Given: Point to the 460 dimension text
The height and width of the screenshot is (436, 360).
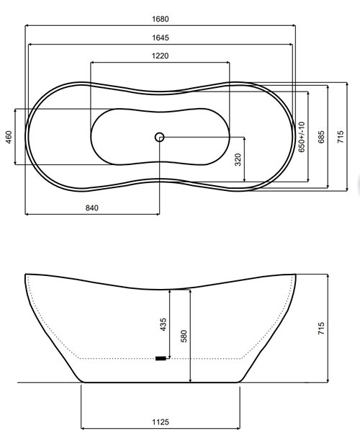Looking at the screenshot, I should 9,137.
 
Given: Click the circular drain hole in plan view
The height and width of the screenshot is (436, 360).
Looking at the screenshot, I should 159,137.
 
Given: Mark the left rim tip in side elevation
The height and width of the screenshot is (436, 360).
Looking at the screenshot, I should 25,274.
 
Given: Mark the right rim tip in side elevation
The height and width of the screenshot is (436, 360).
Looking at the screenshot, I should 295,274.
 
